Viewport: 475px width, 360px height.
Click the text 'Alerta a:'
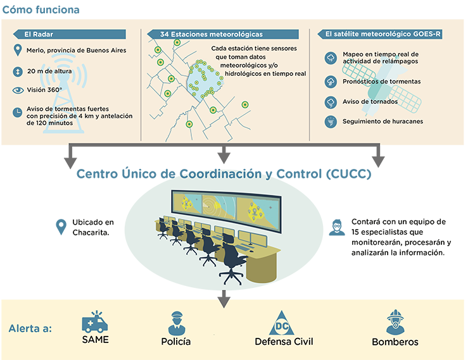(x=30, y=329)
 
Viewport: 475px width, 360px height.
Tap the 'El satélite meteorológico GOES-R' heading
(x=376, y=34)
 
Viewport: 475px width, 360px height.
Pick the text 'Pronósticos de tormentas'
(x=381, y=82)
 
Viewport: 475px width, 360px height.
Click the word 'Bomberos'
(x=395, y=342)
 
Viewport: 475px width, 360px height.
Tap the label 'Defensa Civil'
(x=284, y=342)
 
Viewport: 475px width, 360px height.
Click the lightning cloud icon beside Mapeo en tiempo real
(x=330, y=58)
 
